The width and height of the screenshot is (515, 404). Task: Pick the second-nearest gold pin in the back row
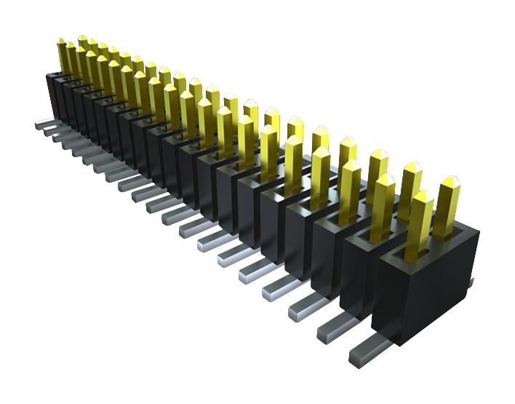click(x=410, y=191)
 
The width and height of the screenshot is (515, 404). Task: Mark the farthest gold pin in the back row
click(x=82, y=49)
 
